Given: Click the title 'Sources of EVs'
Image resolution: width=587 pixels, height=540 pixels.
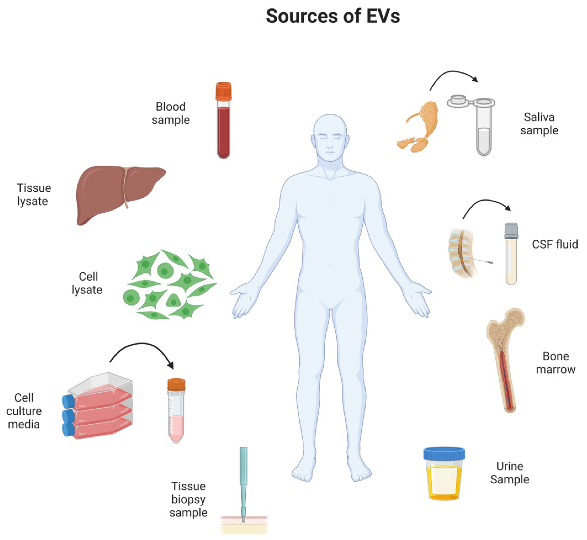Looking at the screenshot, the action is click(333, 16).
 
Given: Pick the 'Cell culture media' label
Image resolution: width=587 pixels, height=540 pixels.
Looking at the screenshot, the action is click(24, 411).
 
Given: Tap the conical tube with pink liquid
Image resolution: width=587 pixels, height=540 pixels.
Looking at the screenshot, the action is click(176, 415).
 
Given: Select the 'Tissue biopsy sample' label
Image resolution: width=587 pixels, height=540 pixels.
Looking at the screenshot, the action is click(188, 499).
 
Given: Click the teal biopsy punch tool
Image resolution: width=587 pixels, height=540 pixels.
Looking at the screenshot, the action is click(243, 479).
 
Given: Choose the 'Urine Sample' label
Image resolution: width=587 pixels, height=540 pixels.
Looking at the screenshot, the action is click(510, 473).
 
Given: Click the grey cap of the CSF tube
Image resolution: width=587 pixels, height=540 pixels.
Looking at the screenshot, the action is click(511, 231).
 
